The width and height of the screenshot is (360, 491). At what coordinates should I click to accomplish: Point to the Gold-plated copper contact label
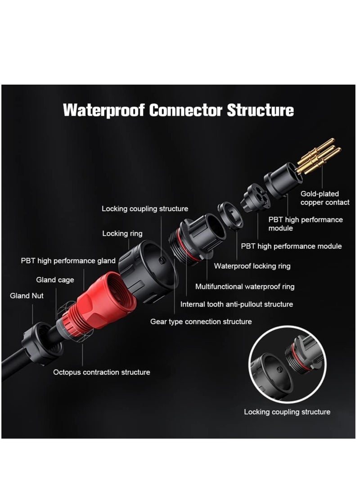[x=325, y=198]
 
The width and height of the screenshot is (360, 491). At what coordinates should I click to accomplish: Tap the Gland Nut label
[x=27, y=296]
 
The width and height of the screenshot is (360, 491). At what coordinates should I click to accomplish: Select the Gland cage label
[x=55, y=280]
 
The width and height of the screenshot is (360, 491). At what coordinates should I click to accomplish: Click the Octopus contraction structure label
[x=102, y=372]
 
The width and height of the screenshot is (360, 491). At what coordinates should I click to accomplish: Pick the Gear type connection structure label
[x=201, y=321]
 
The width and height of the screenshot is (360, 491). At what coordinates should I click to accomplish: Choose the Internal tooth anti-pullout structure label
[x=237, y=304]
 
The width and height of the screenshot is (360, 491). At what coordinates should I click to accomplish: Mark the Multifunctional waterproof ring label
[x=245, y=287]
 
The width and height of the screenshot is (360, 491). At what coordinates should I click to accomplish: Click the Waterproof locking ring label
[x=252, y=266]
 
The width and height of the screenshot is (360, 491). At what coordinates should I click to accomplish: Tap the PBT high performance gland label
[x=68, y=261]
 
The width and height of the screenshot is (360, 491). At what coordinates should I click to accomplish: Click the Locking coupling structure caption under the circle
[x=287, y=412]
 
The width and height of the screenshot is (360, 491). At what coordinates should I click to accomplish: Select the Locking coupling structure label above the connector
[x=145, y=208]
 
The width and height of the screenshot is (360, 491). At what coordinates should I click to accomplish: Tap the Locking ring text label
[x=122, y=233]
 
